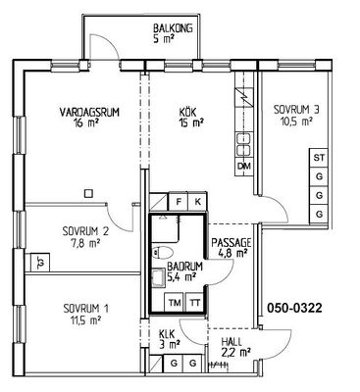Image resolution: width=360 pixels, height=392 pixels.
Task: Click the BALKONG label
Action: click(173, 28)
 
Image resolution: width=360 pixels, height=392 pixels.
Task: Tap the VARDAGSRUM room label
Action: click(89, 112)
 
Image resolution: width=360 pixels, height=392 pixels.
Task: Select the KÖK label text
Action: click(187, 113)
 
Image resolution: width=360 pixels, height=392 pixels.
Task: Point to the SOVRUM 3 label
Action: click(296, 109)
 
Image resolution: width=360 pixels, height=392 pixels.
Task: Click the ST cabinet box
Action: click(319, 158)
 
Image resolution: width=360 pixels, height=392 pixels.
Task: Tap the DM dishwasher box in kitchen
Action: click(244, 167)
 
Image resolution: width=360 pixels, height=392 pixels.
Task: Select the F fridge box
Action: click(179, 202)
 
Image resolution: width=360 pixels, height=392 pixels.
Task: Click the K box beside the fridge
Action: click(197, 202)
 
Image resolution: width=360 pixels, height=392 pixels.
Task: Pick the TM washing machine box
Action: click(175, 303)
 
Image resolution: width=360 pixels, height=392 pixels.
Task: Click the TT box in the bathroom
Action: click(194, 303)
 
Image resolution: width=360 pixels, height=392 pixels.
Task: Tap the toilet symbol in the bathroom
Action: click(162, 253)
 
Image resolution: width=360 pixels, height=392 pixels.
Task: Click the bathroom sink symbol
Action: click(159, 277)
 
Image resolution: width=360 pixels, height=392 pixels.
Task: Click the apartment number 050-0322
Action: click(295, 308)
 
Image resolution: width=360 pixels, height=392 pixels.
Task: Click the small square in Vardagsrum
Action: click(88, 194)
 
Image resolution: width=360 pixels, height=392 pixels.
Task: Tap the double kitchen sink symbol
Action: click(244, 144)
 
